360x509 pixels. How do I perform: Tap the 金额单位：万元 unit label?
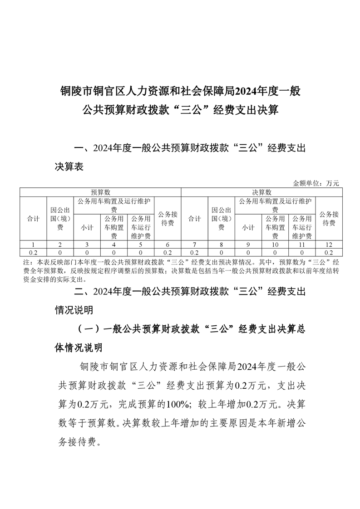(x=316, y=183)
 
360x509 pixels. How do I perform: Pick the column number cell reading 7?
(x=195, y=245)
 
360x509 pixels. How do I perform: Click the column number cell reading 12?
(x=329, y=245)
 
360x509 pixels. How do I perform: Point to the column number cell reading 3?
(x=87, y=245)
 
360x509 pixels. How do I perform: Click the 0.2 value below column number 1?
(x=33, y=252)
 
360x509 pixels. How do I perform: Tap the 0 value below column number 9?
(x=248, y=252)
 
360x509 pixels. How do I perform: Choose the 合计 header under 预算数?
(x=33, y=219)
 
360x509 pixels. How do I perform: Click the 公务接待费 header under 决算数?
(x=329, y=219)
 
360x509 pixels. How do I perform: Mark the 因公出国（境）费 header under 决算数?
(x=222, y=219)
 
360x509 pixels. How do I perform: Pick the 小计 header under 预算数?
(x=87, y=227)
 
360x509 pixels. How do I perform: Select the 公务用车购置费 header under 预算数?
(x=113, y=227)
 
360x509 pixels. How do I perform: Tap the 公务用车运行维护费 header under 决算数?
(x=302, y=227)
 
